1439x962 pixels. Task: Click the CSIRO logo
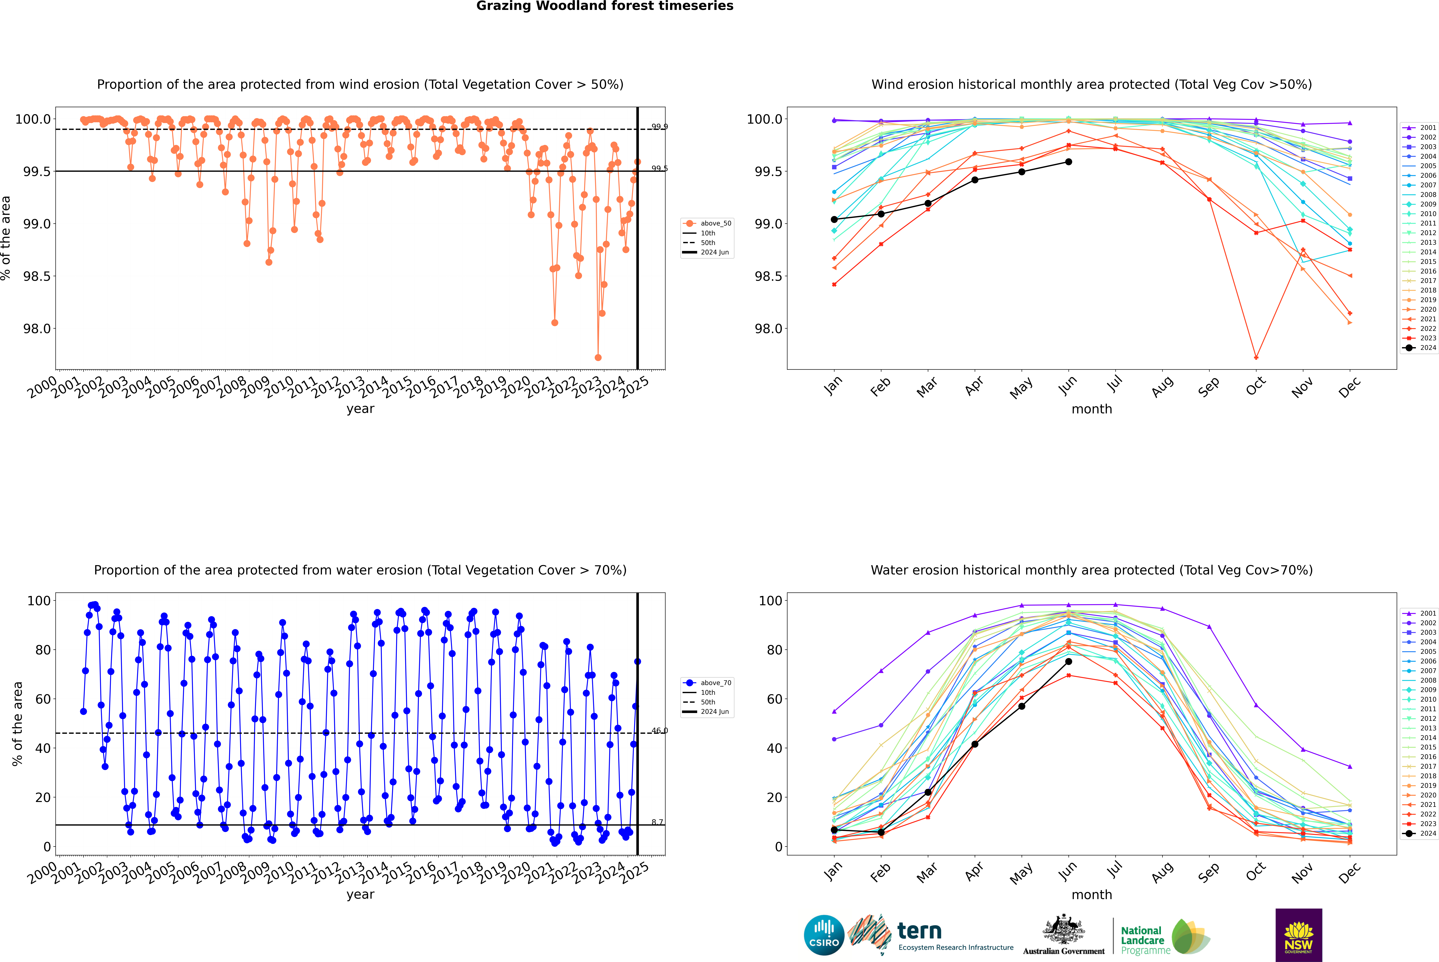click(824, 935)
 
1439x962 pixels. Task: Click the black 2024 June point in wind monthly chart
click(1068, 162)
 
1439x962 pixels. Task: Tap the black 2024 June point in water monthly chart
click(1068, 661)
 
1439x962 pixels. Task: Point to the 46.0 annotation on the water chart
click(659, 731)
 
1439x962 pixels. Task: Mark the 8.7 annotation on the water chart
click(657, 822)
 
